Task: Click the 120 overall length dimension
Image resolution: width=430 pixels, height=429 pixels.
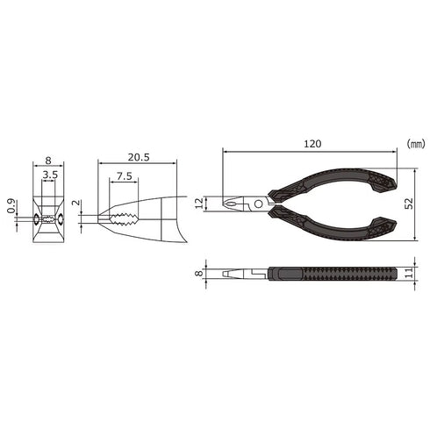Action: coord(312,144)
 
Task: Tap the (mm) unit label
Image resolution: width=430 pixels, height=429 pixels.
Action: coord(416,144)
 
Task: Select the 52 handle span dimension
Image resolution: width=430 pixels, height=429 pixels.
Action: coord(409,204)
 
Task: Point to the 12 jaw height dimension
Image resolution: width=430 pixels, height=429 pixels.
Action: coord(199,204)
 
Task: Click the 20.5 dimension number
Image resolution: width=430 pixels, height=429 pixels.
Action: coord(139,157)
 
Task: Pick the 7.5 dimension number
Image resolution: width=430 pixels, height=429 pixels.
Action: coord(125,176)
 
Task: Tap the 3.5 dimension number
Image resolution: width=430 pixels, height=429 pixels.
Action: coord(50,175)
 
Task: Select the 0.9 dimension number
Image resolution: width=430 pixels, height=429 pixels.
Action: coord(11,206)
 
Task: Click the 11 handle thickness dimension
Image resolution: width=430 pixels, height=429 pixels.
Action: coord(410,273)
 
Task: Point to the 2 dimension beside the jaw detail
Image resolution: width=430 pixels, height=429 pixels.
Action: coord(75,203)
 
